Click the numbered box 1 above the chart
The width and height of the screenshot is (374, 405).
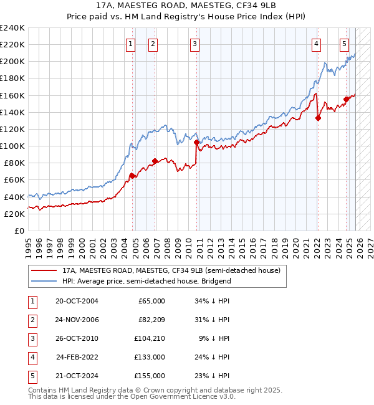coord(131,44)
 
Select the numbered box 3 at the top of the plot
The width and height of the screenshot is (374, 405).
coord(195,44)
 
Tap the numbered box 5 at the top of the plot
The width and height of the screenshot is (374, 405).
coord(344,44)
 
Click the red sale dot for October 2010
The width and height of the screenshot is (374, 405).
coord(197,142)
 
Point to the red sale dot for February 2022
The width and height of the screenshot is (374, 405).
coord(318,118)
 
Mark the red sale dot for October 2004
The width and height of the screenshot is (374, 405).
coord(132,176)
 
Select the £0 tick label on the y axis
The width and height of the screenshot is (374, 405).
coord(19,231)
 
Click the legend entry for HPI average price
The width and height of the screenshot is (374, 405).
coord(146,281)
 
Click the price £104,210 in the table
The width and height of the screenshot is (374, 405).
coord(150,338)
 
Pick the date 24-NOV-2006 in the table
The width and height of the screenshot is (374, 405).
coord(77,320)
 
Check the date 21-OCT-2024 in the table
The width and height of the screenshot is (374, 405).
coord(77,376)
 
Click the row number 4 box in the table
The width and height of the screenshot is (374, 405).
coord(31,357)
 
